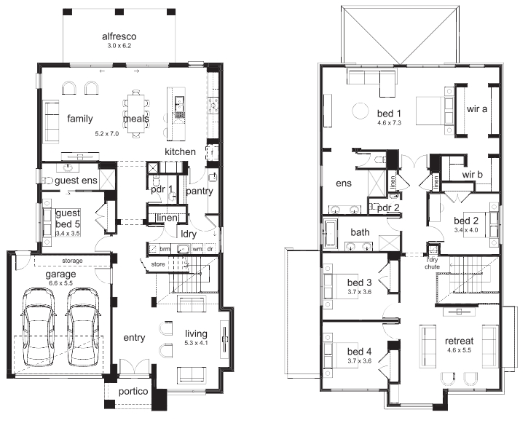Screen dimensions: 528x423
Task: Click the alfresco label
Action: click(x=119, y=36)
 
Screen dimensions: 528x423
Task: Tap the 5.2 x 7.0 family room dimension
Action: click(x=107, y=133)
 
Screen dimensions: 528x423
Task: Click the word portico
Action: click(x=133, y=392)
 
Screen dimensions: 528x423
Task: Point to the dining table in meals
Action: click(x=136, y=114)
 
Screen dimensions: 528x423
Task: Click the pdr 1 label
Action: click(x=162, y=189)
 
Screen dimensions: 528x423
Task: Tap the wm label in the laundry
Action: click(x=197, y=249)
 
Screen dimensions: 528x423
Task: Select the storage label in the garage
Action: click(x=72, y=261)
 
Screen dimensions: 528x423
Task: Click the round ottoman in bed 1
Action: click(x=360, y=111)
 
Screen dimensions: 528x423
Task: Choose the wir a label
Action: click(x=477, y=108)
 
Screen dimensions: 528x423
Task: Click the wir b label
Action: click(x=472, y=174)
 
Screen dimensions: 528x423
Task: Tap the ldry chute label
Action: click(x=433, y=263)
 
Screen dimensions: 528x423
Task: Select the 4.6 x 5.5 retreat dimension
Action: click(x=459, y=350)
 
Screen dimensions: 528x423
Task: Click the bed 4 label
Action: click(x=359, y=352)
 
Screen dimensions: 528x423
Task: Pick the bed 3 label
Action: click(x=359, y=282)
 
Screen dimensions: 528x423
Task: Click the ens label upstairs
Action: click(x=344, y=183)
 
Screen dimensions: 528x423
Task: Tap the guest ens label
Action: click(x=76, y=181)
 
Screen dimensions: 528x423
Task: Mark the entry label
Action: click(x=134, y=338)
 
